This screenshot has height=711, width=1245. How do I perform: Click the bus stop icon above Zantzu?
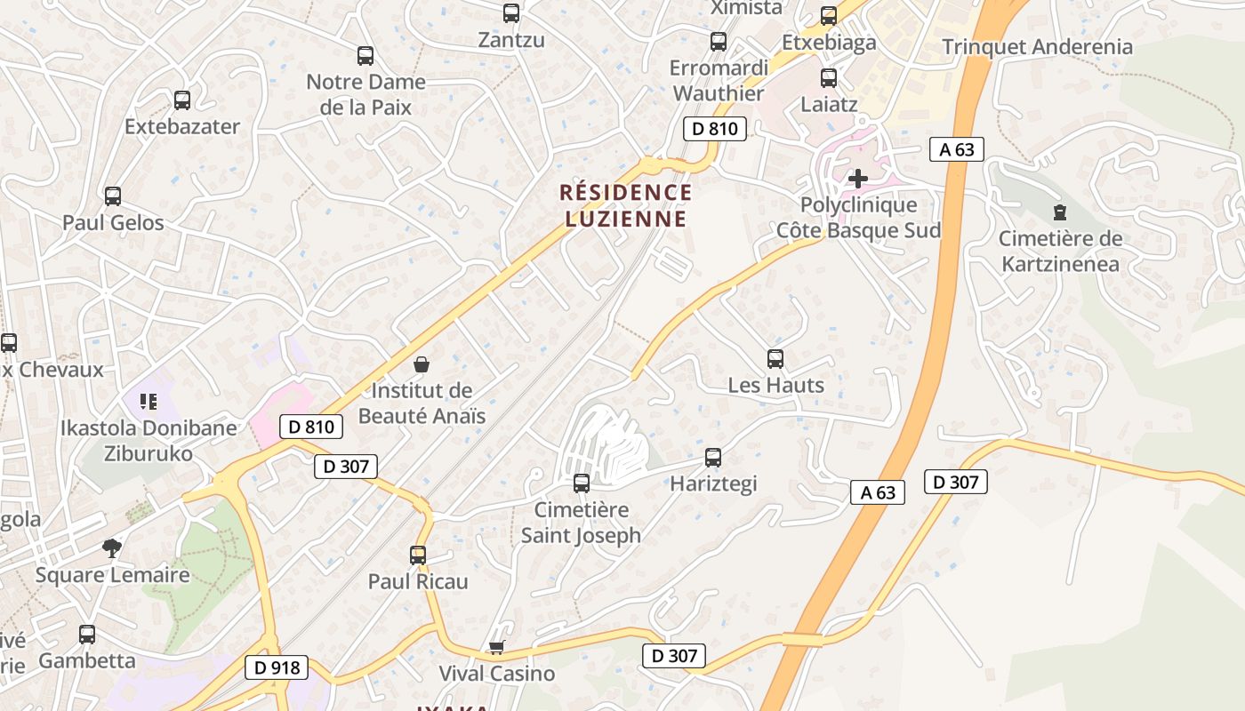[x=510, y=13]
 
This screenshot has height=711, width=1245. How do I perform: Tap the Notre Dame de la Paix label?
[x=365, y=94]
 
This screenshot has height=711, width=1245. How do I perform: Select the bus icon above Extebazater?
[x=182, y=100]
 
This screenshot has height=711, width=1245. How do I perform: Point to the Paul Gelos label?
[x=113, y=222]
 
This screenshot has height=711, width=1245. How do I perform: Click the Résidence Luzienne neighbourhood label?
[x=625, y=205]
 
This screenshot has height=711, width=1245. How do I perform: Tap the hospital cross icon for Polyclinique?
[x=857, y=179]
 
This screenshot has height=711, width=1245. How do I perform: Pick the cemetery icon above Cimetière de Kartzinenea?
[x=1059, y=212]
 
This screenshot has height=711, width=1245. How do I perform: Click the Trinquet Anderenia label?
[x=1037, y=47]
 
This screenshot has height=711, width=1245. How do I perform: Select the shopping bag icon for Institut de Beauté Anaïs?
[x=422, y=364]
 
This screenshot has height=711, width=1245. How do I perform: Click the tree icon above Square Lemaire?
[x=112, y=548]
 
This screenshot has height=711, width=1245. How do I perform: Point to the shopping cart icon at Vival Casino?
[x=496, y=648]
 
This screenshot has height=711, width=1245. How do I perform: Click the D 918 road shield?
[x=276, y=667]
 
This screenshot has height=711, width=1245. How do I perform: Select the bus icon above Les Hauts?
[x=775, y=359]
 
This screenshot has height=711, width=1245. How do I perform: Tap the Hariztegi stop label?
[x=713, y=483]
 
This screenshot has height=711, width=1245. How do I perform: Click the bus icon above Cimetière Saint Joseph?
[x=582, y=483]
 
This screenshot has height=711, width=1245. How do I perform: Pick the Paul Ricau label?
[x=418, y=581]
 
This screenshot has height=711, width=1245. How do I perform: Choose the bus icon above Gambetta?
[x=87, y=635]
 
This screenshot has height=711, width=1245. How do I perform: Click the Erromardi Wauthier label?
[x=719, y=81]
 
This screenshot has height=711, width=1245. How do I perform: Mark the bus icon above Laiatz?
[x=829, y=78]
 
